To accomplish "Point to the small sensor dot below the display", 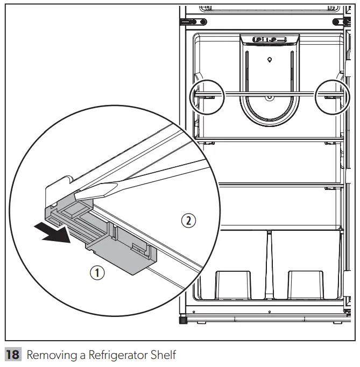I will (x=269, y=59).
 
